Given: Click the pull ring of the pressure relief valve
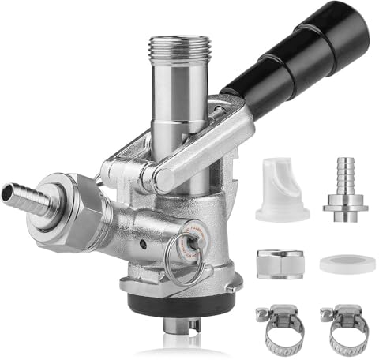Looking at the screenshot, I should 182,264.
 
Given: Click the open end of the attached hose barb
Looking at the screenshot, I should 6,189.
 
